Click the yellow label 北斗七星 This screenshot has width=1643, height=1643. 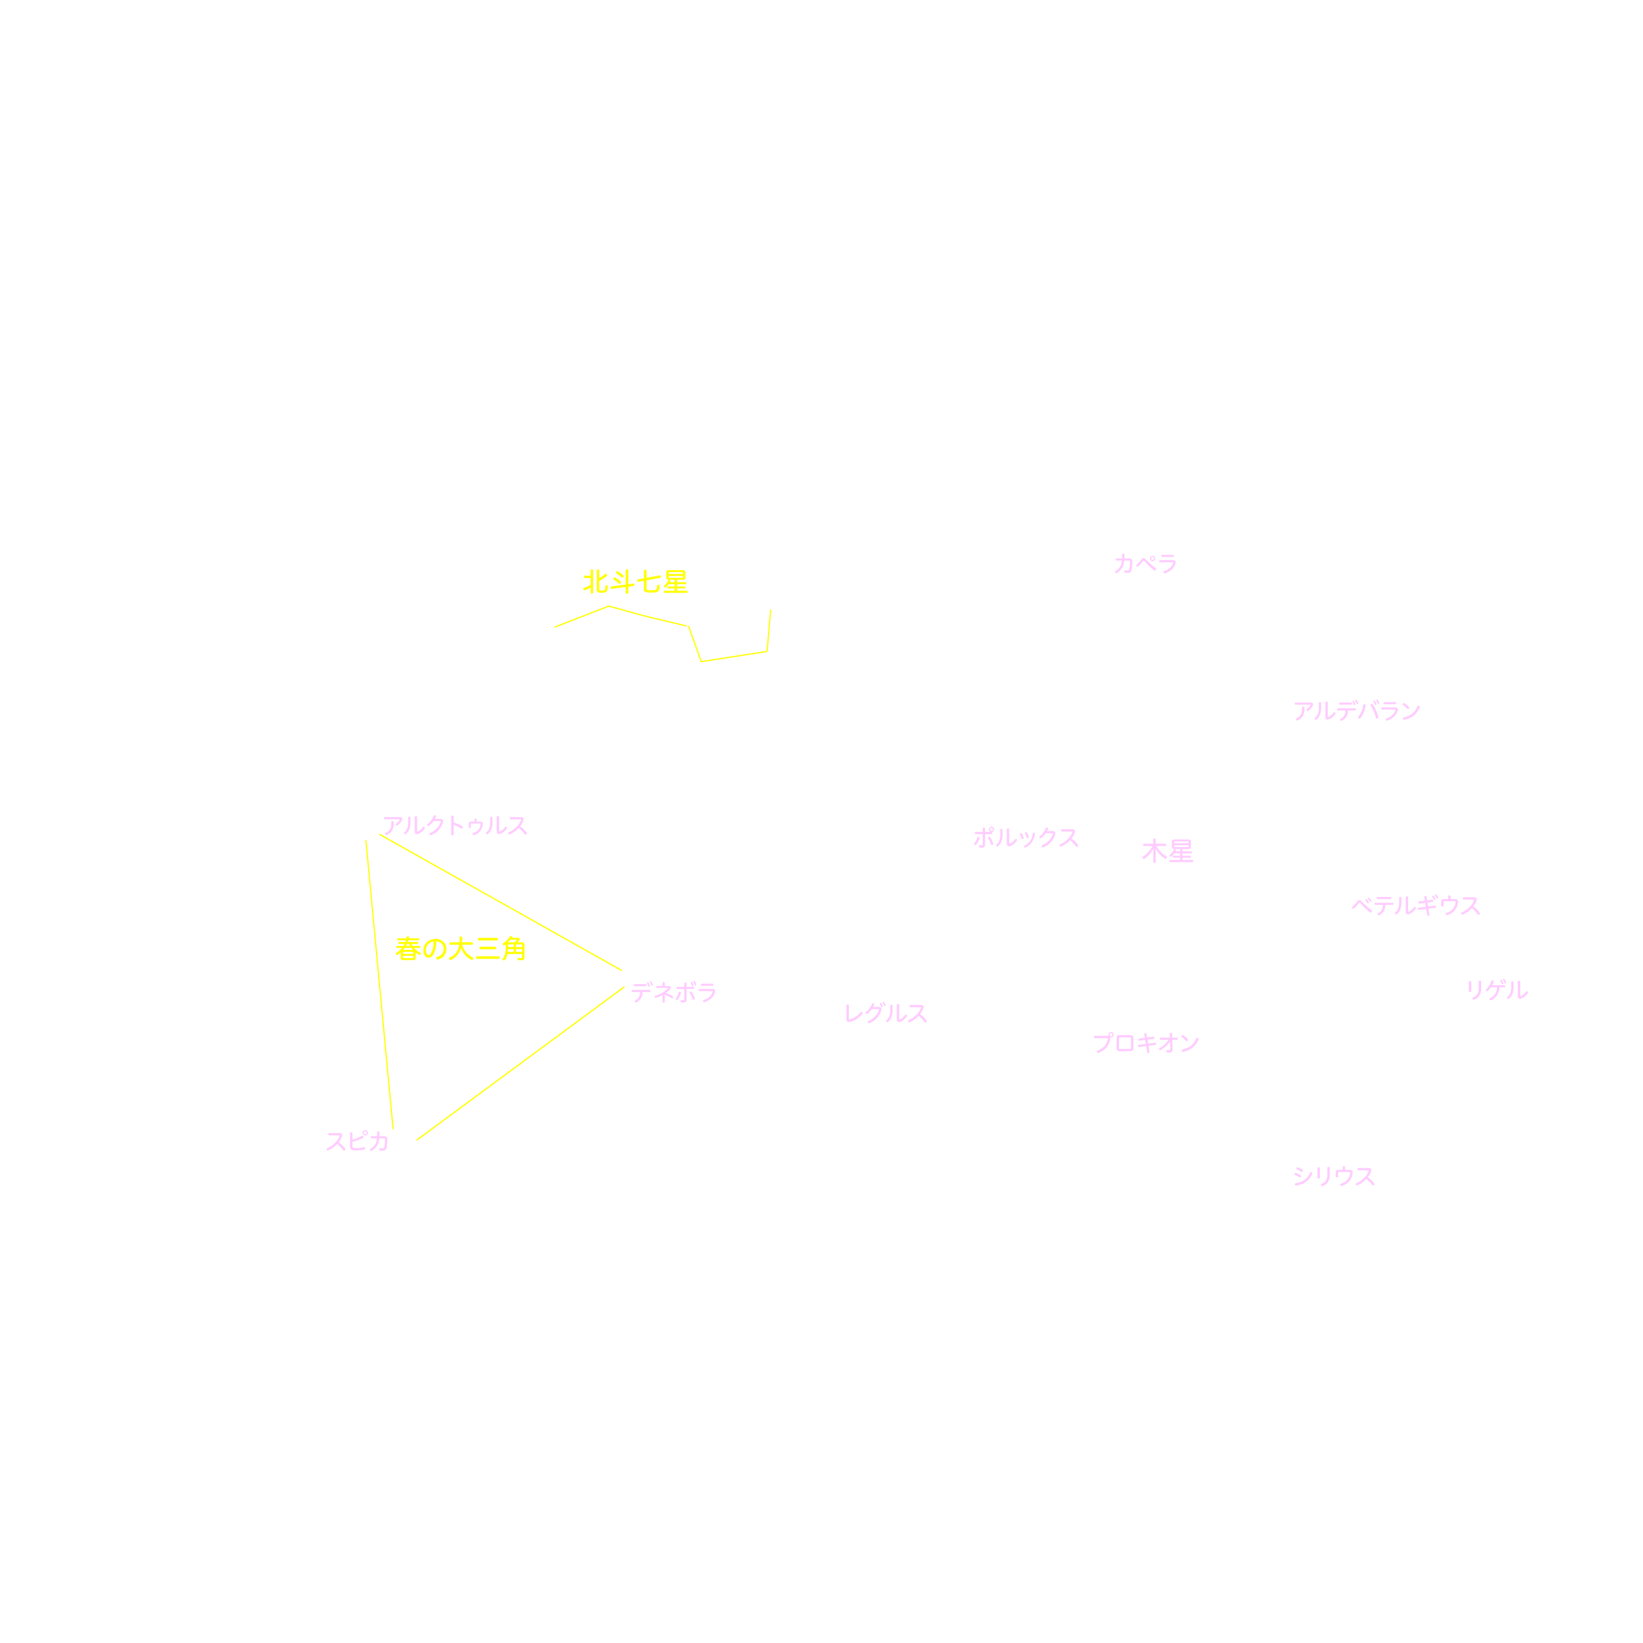(635, 582)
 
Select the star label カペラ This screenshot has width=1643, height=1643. (1145, 564)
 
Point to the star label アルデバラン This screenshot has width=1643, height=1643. (1356, 711)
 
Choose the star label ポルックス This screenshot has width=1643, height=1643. (1025, 838)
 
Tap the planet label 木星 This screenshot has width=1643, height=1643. (1168, 851)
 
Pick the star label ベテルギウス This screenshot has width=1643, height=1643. (1416, 905)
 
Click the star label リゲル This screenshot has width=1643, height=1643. (1497, 990)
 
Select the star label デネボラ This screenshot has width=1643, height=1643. (674, 992)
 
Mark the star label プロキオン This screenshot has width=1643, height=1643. (1145, 1044)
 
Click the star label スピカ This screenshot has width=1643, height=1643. (357, 1141)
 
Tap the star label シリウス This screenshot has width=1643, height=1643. (1333, 1176)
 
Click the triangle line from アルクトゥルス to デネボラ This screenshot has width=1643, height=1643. (501, 902)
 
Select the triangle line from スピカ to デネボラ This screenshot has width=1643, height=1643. (520, 1064)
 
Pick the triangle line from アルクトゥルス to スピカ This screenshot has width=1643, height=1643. (379, 984)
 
